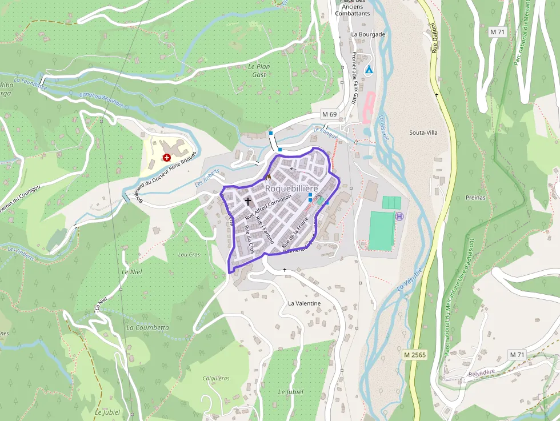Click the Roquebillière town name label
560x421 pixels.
tap(291, 189)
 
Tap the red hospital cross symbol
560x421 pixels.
tap(166, 157)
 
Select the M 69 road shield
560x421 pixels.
tap(329, 114)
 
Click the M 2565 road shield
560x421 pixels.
tap(415, 355)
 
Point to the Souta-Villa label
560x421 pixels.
tap(423, 133)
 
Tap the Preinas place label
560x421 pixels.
tap(475, 198)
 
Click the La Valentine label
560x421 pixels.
tap(304, 303)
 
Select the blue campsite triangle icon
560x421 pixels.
tap(369, 70)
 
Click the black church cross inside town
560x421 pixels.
tap(248, 201)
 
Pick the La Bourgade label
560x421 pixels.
tap(368, 34)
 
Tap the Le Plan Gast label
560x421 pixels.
tap(259, 70)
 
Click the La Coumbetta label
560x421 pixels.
tap(147, 328)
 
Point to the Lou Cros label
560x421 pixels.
tap(190, 254)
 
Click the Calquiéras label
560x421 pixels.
tap(216, 378)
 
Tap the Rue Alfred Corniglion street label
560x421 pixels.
tap(269, 207)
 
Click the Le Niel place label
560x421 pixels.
tap(132, 271)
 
